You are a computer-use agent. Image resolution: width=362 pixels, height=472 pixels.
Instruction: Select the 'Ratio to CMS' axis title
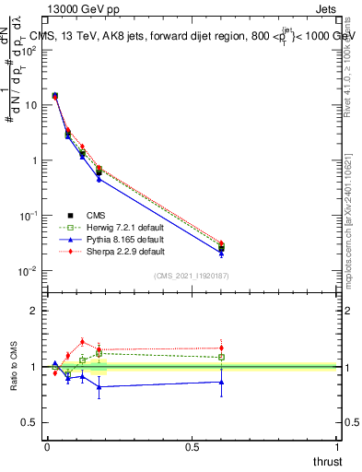16,366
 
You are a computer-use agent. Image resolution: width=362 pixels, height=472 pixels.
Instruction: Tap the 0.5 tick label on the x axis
192,446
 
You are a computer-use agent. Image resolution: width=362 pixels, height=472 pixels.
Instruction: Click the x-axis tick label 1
337,446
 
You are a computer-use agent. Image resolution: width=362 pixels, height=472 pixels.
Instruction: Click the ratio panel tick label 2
34,311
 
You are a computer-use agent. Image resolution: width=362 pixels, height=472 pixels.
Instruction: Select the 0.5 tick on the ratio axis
29,422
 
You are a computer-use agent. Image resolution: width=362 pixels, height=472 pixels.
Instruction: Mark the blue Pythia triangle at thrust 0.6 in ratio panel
221,382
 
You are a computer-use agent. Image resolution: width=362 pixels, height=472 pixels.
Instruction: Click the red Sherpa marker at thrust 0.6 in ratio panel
221,348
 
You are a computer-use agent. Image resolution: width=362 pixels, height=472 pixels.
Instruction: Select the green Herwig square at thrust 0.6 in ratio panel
221,357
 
